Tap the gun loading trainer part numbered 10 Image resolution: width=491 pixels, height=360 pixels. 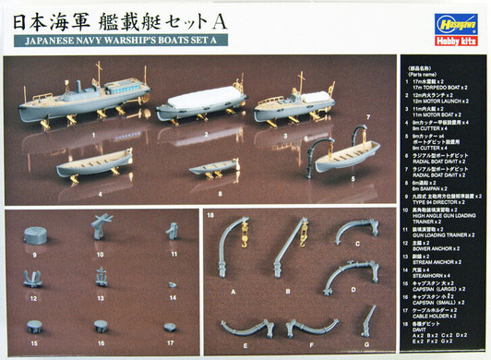coord(101,227)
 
